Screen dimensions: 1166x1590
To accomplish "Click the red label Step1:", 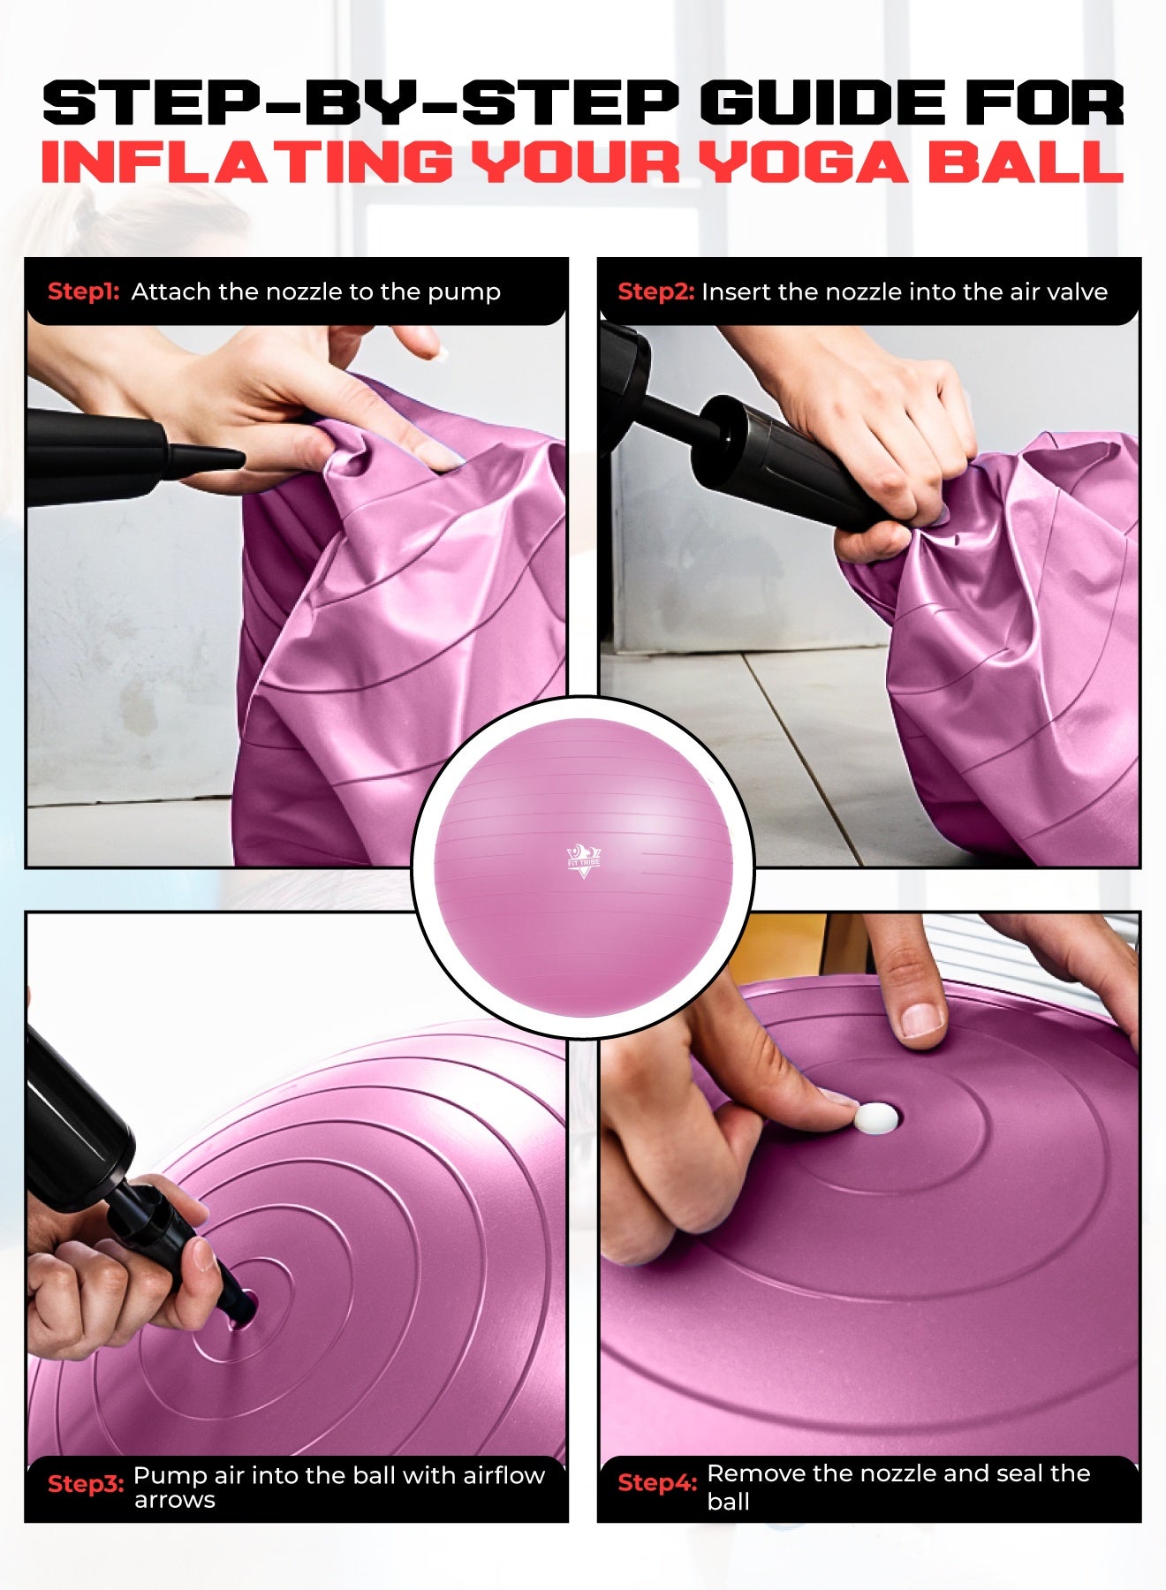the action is [83, 291].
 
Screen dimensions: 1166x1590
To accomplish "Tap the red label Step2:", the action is [655, 291].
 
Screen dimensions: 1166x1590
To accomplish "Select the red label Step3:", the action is [85, 1484].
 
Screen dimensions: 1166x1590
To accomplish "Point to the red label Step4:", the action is [657, 1482].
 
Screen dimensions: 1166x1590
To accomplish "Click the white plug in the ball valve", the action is [874, 1117].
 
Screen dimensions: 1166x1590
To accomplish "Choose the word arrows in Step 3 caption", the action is [175, 1500].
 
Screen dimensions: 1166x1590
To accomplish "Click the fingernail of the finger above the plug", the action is [922, 1020].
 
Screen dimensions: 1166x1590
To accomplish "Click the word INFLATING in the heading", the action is [246, 162].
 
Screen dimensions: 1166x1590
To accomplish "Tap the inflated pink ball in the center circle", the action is [583, 867].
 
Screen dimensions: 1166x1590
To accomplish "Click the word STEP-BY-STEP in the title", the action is [360, 103].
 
